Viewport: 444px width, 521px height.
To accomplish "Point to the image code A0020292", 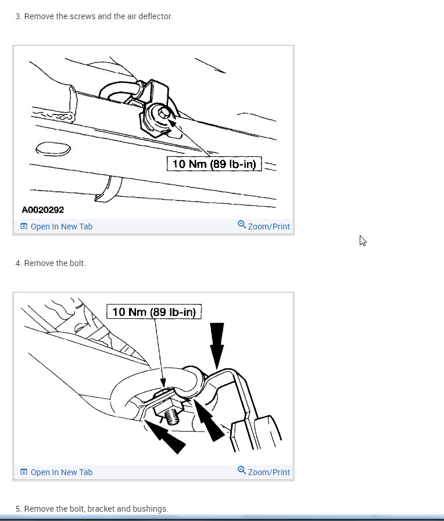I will click(x=43, y=210).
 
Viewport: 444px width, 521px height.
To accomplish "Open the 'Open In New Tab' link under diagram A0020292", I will click(x=61, y=227).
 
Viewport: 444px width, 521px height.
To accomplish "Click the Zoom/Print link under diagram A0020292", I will click(x=268, y=227).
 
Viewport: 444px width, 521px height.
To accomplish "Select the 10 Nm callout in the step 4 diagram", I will click(x=154, y=312).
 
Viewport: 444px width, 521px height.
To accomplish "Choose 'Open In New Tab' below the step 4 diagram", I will click(x=61, y=472).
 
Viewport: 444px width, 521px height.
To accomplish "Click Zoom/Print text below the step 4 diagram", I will click(x=268, y=472).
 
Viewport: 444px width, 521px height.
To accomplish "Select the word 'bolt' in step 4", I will click(x=77, y=263).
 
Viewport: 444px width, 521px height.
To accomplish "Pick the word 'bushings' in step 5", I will click(x=152, y=509).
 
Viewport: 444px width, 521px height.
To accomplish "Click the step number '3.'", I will click(x=19, y=16).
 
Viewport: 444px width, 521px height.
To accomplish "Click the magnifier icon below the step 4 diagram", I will click(x=242, y=470).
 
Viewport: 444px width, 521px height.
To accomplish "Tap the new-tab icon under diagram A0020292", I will click(x=24, y=227).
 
